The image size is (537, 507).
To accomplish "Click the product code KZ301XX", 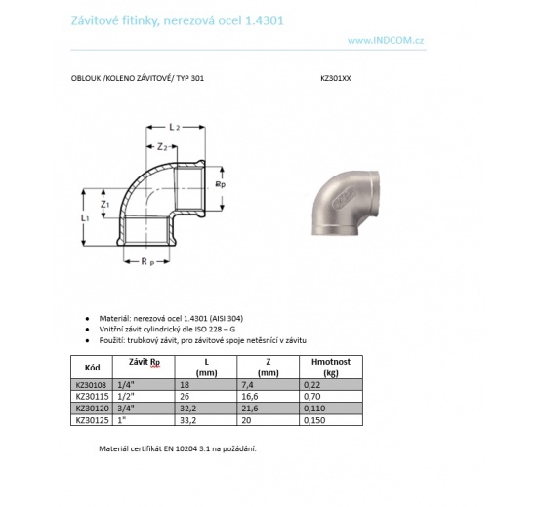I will (335, 77).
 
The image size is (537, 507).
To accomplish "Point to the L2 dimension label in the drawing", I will (174, 129).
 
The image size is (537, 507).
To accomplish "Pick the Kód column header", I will (93, 368).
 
